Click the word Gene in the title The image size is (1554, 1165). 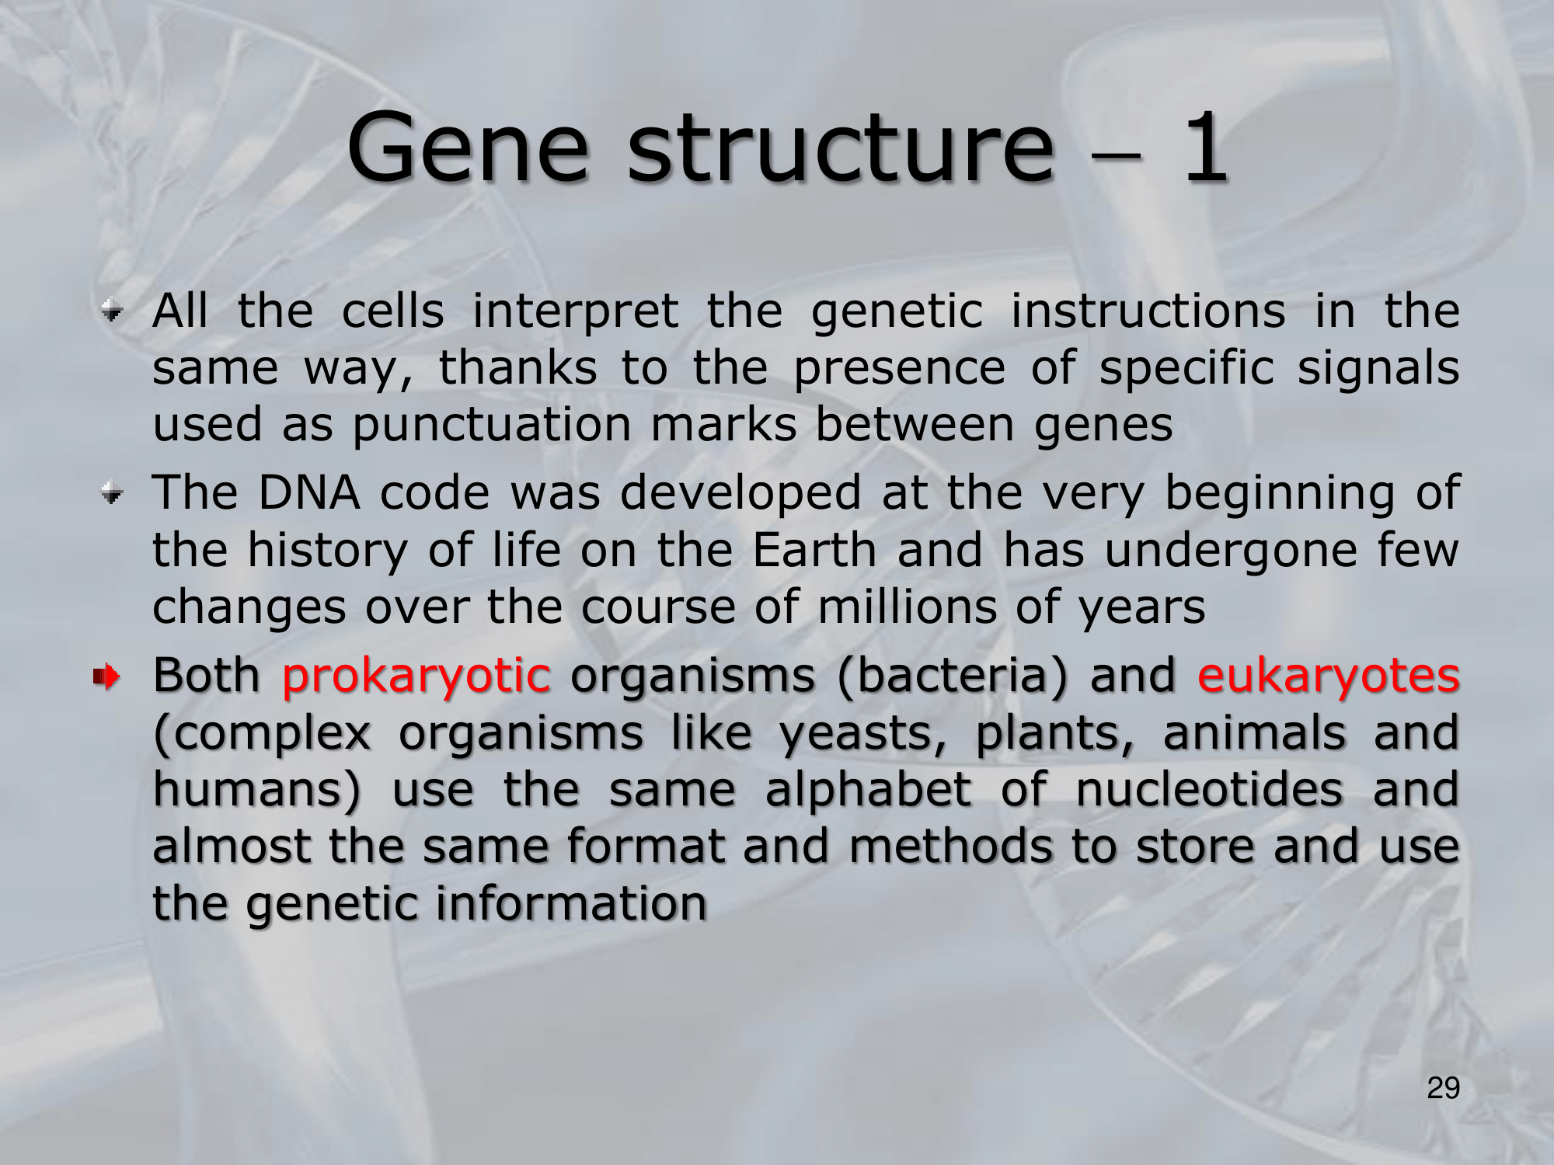[x=467, y=148]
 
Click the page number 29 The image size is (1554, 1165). [x=1443, y=1088]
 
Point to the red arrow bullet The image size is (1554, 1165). [x=106, y=677]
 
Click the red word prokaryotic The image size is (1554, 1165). [x=416, y=676]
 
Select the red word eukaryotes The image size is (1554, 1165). [x=1328, y=676]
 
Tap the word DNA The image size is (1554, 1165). [x=308, y=492]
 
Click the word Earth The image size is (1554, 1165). [x=814, y=550]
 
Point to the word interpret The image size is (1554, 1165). [x=575, y=312]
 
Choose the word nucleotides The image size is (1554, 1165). [x=1209, y=789]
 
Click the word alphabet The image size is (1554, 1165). [x=868, y=791]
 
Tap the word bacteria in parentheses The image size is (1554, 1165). [x=962, y=675]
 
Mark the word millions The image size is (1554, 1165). [x=907, y=607]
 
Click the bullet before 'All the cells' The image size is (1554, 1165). [x=113, y=313]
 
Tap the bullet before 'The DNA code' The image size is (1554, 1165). [x=113, y=494]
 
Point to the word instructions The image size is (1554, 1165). [x=1148, y=312]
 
